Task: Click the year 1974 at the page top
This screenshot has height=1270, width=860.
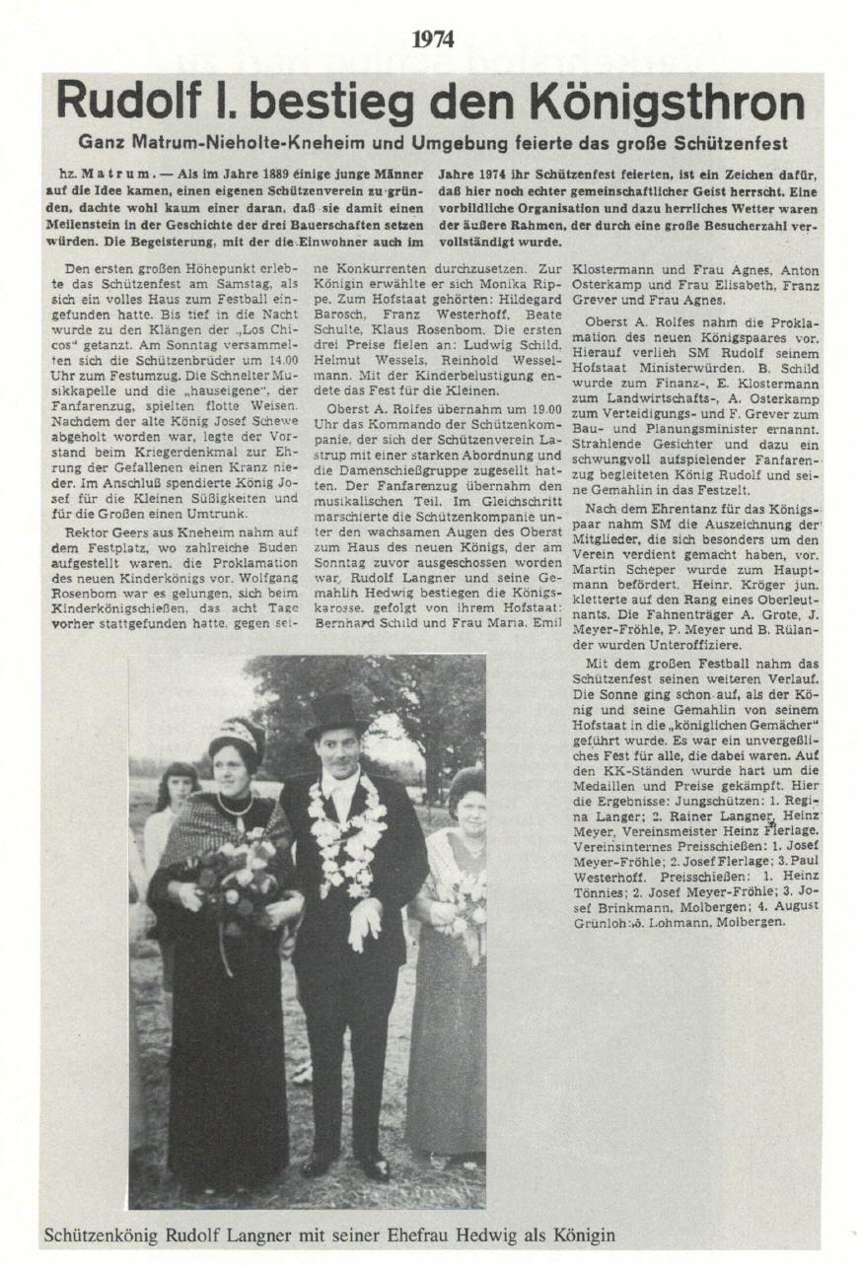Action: point(433,39)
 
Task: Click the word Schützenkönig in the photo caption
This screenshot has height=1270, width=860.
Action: point(104,1235)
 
